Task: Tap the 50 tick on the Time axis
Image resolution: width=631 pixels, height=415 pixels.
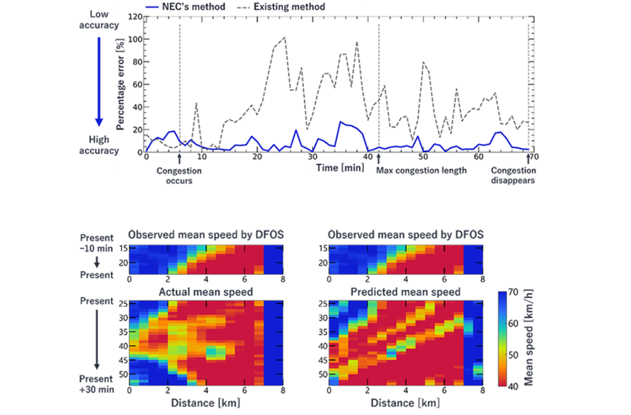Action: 424,158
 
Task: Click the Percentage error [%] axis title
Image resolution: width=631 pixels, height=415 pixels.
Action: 120,84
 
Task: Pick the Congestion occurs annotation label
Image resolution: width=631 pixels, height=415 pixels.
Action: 179,175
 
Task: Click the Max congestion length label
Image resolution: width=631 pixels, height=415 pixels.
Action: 422,170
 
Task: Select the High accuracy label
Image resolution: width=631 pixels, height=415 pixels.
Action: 100,145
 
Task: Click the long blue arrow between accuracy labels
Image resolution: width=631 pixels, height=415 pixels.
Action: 100,81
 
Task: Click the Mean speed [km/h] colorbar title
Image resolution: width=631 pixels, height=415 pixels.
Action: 531,337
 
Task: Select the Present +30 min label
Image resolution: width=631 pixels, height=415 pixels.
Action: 96,384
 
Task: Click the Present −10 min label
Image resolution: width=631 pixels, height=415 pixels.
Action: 96,242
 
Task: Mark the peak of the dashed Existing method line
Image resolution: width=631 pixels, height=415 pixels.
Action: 285,37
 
